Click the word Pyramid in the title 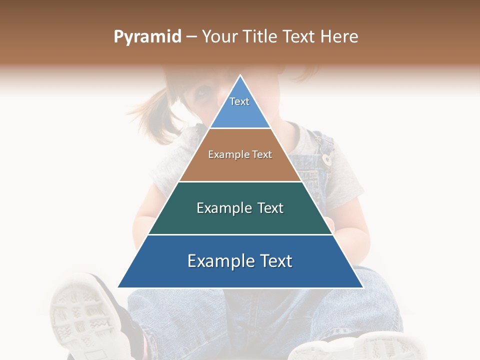147,37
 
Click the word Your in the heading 219,36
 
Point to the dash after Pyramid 191,37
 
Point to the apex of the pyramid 240,75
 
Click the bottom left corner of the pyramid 119,287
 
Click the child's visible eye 202,92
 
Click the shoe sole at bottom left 82,315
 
